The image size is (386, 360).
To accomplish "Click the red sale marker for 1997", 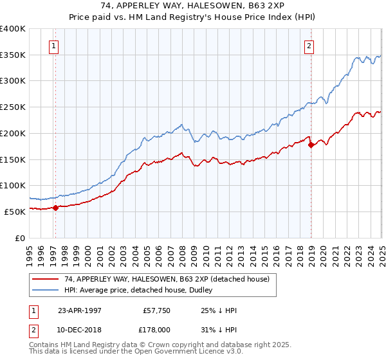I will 55,207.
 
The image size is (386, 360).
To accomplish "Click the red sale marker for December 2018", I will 311,145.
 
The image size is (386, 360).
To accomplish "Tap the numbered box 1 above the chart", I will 53,46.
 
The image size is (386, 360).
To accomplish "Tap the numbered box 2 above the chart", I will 309,46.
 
